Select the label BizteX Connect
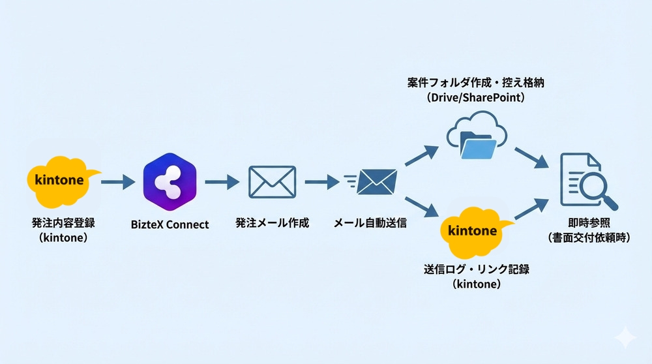[170, 224]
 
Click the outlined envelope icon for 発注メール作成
[272, 181]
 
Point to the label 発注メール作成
[272, 223]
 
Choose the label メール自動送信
[370, 223]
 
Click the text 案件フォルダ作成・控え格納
[477, 82]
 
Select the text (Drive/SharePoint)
[477, 98]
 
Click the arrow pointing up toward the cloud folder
[420, 156]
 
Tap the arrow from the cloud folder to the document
[531, 157]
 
